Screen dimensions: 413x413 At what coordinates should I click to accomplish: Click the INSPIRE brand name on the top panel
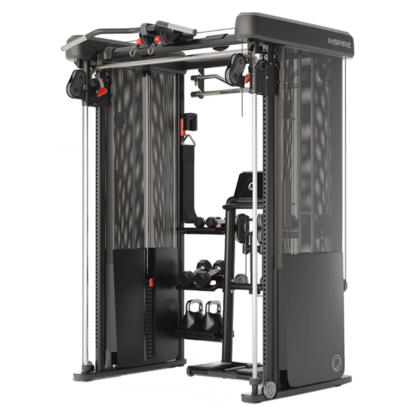point(339,43)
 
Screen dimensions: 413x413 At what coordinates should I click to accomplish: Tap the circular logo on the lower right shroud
point(337,363)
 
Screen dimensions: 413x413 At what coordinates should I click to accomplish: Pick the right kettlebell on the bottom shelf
point(213,317)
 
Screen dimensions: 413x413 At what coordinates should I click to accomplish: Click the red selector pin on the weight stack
point(151,282)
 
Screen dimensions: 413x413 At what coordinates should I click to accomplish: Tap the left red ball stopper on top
point(139,41)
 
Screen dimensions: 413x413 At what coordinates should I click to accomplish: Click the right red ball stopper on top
point(157,39)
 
